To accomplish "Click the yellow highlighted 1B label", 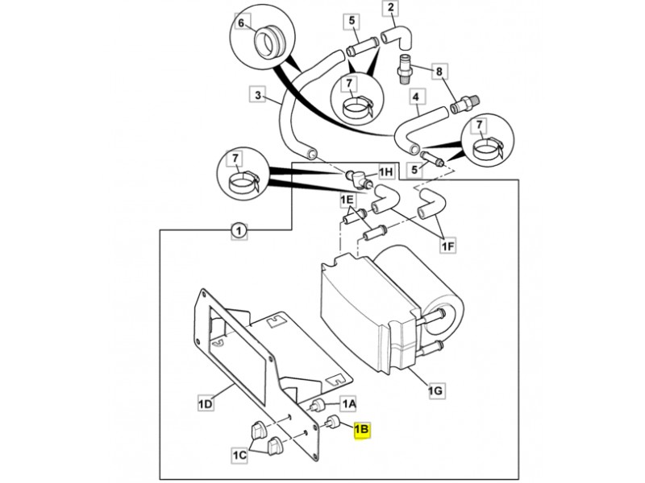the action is click(x=362, y=430).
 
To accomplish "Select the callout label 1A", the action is click(x=348, y=405).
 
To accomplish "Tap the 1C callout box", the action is click(x=239, y=455).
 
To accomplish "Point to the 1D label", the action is click(x=206, y=404).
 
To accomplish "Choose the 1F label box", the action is click(x=448, y=246).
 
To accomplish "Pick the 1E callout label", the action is click(x=347, y=200).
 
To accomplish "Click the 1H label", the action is click(x=386, y=171).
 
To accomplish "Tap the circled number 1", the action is click(x=239, y=230).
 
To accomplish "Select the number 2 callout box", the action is click(x=390, y=7).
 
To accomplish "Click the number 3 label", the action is click(x=258, y=95).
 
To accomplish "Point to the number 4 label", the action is click(x=416, y=97).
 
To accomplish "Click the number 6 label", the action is click(x=241, y=23).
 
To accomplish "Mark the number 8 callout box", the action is click(x=439, y=72).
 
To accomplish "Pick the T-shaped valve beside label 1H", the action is click(x=357, y=177).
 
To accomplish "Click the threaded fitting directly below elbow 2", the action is click(x=404, y=69).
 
